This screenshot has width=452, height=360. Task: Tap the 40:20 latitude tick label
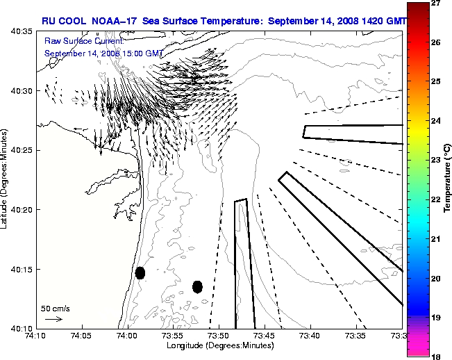point(19,209)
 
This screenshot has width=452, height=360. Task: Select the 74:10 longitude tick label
point(36,336)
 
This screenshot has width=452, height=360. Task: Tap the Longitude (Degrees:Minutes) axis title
point(219,345)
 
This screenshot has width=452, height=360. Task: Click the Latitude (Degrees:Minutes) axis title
point(5,179)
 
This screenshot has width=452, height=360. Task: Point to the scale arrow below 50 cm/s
point(53,319)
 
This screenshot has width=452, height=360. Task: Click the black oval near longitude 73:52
point(197,286)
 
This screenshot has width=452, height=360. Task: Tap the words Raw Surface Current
point(78,41)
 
